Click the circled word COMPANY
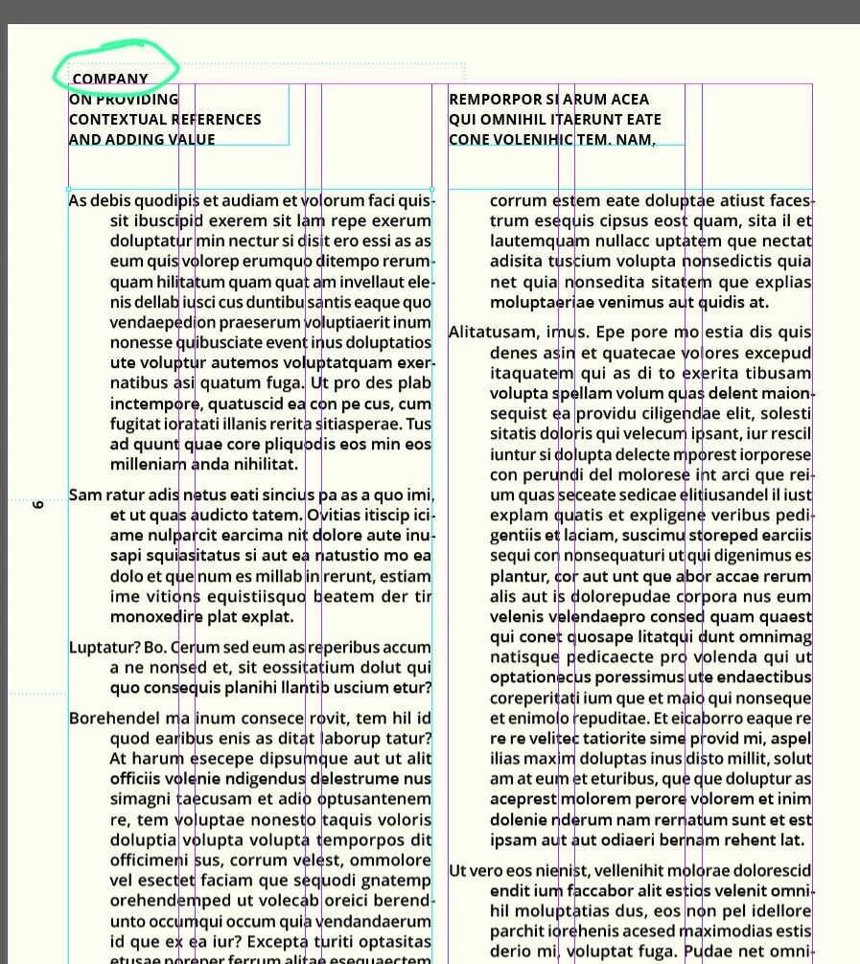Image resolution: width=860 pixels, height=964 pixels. (x=110, y=79)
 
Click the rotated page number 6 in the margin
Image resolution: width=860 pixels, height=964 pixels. (x=38, y=504)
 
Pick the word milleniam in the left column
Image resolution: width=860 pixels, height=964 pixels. (x=149, y=465)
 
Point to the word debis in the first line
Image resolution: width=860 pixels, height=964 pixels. (x=109, y=201)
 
